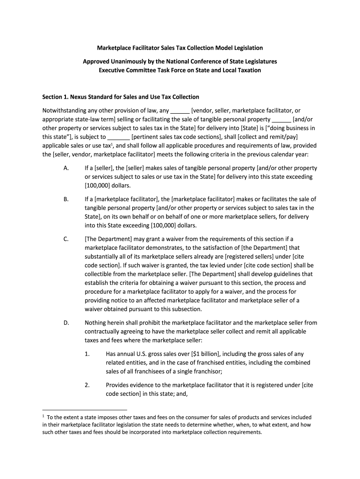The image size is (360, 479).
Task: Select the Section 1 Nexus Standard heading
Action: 121,97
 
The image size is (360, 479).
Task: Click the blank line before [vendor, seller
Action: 180,111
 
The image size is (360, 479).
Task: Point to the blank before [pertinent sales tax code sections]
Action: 118,138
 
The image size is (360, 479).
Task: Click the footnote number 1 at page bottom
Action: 43,416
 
